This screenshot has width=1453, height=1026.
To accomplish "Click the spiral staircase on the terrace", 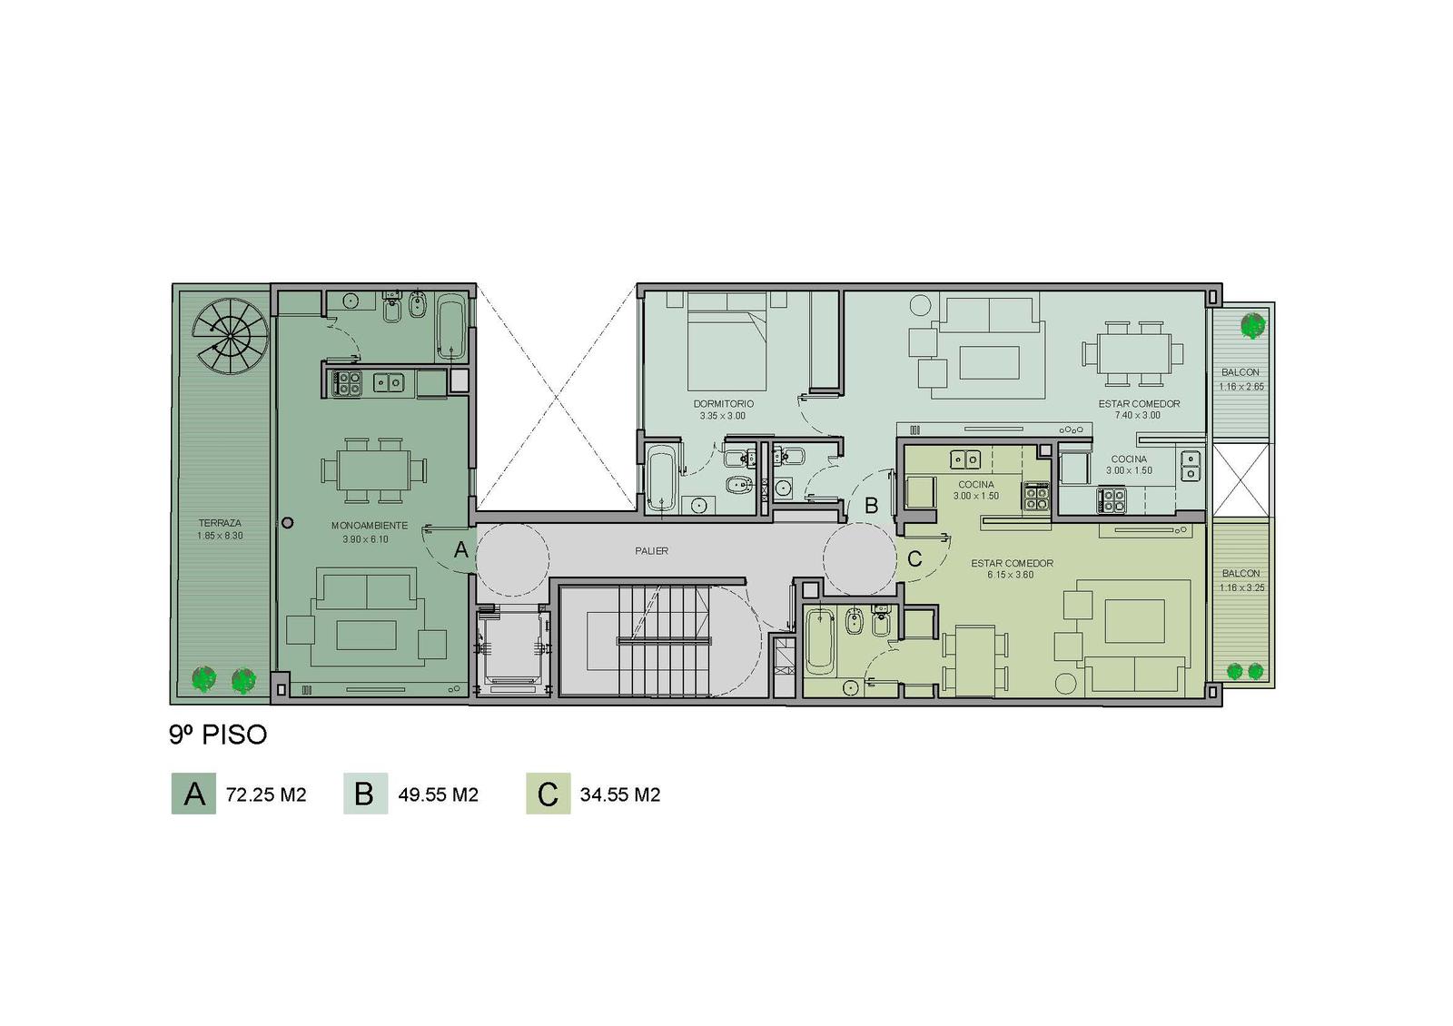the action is (232, 335).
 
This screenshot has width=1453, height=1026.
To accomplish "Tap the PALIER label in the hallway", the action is (651, 551).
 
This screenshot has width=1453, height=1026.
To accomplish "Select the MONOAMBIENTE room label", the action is (369, 526).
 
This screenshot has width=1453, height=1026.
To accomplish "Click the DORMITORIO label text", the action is (723, 404).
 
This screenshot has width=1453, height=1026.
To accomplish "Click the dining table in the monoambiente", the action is (373, 469).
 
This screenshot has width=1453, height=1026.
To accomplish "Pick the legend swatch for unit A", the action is (193, 794).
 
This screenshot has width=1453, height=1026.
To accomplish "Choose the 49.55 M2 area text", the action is (438, 795).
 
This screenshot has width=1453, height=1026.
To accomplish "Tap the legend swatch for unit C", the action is (549, 794).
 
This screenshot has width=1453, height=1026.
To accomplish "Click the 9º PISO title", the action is (218, 735).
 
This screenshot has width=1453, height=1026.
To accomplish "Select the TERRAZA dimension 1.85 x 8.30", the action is (220, 536).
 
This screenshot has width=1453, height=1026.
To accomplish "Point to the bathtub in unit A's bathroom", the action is (450, 326).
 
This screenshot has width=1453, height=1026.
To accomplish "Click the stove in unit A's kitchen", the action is (346, 383).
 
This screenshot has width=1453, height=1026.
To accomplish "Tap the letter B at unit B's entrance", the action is (871, 505).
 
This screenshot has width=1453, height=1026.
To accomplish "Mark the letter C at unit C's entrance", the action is (914, 558).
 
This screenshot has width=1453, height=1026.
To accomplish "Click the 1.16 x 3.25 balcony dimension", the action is (1240, 588).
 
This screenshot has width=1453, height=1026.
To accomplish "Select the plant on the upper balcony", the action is (1252, 326).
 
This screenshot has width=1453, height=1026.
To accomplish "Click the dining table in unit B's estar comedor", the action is (1132, 354).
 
